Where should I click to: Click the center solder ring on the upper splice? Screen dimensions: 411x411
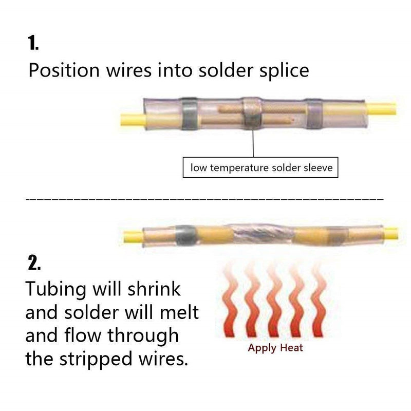click(x=251, y=113)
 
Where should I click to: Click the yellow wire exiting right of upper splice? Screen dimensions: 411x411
click(x=383, y=109)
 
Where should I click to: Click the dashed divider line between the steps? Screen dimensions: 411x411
click(x=206, y=198)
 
